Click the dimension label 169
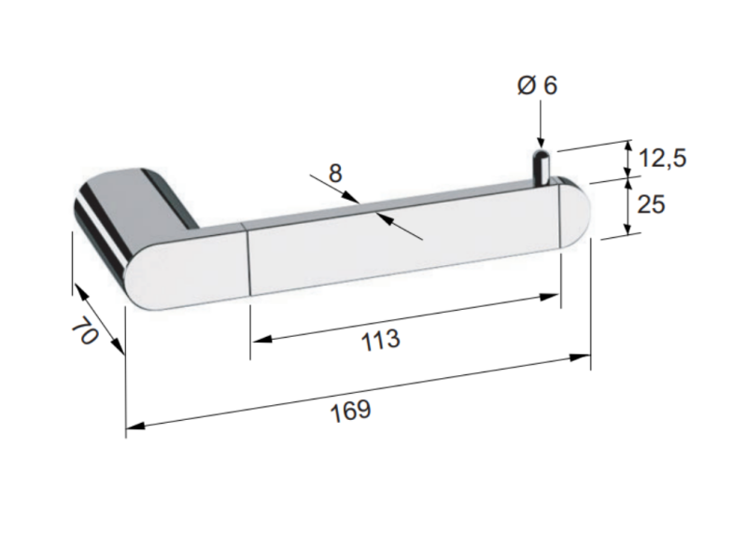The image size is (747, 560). [x=351, y=411]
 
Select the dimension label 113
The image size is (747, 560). [x=380, y=340]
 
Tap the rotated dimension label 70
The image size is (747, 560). [x=85, y=330]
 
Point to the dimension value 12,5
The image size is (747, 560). [x=662, y=158]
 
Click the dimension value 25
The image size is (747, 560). [x=651, y=204]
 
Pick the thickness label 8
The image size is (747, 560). [x=335, y=174]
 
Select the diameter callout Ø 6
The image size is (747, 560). [x=537, y=86]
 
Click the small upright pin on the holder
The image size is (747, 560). [x=541, y=167]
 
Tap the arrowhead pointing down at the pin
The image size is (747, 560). [x=541, y=142]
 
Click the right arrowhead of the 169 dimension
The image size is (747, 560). [x=580, y=357]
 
